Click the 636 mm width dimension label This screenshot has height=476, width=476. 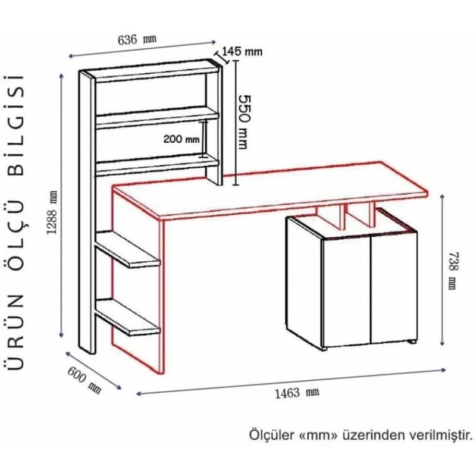137,39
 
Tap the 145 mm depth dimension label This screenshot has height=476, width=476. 242,51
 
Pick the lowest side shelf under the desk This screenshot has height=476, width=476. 128,315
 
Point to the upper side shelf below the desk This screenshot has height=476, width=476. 128,249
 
